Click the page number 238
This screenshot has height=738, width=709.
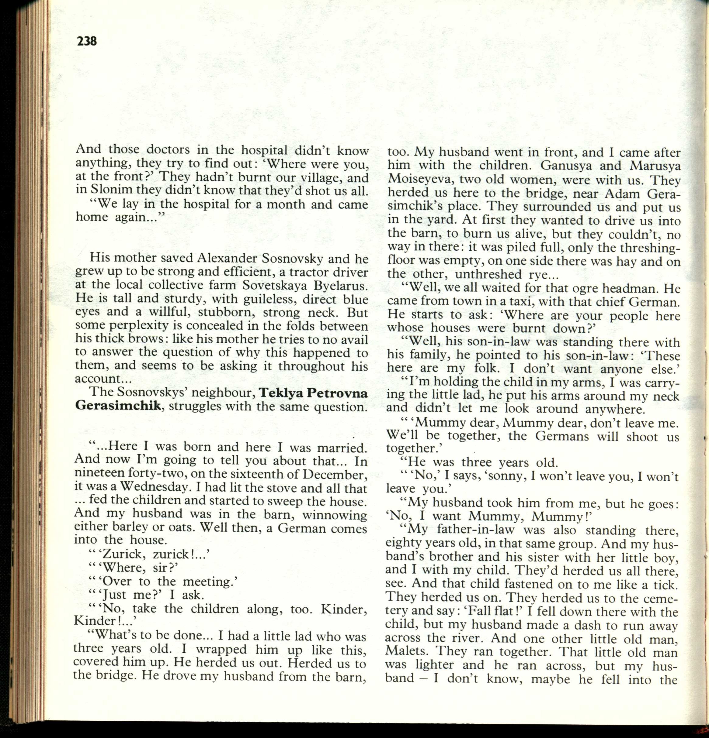pyautogui.click(x=87, y=41)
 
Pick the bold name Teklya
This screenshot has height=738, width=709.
pyautogui.click(x=280, y=393)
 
